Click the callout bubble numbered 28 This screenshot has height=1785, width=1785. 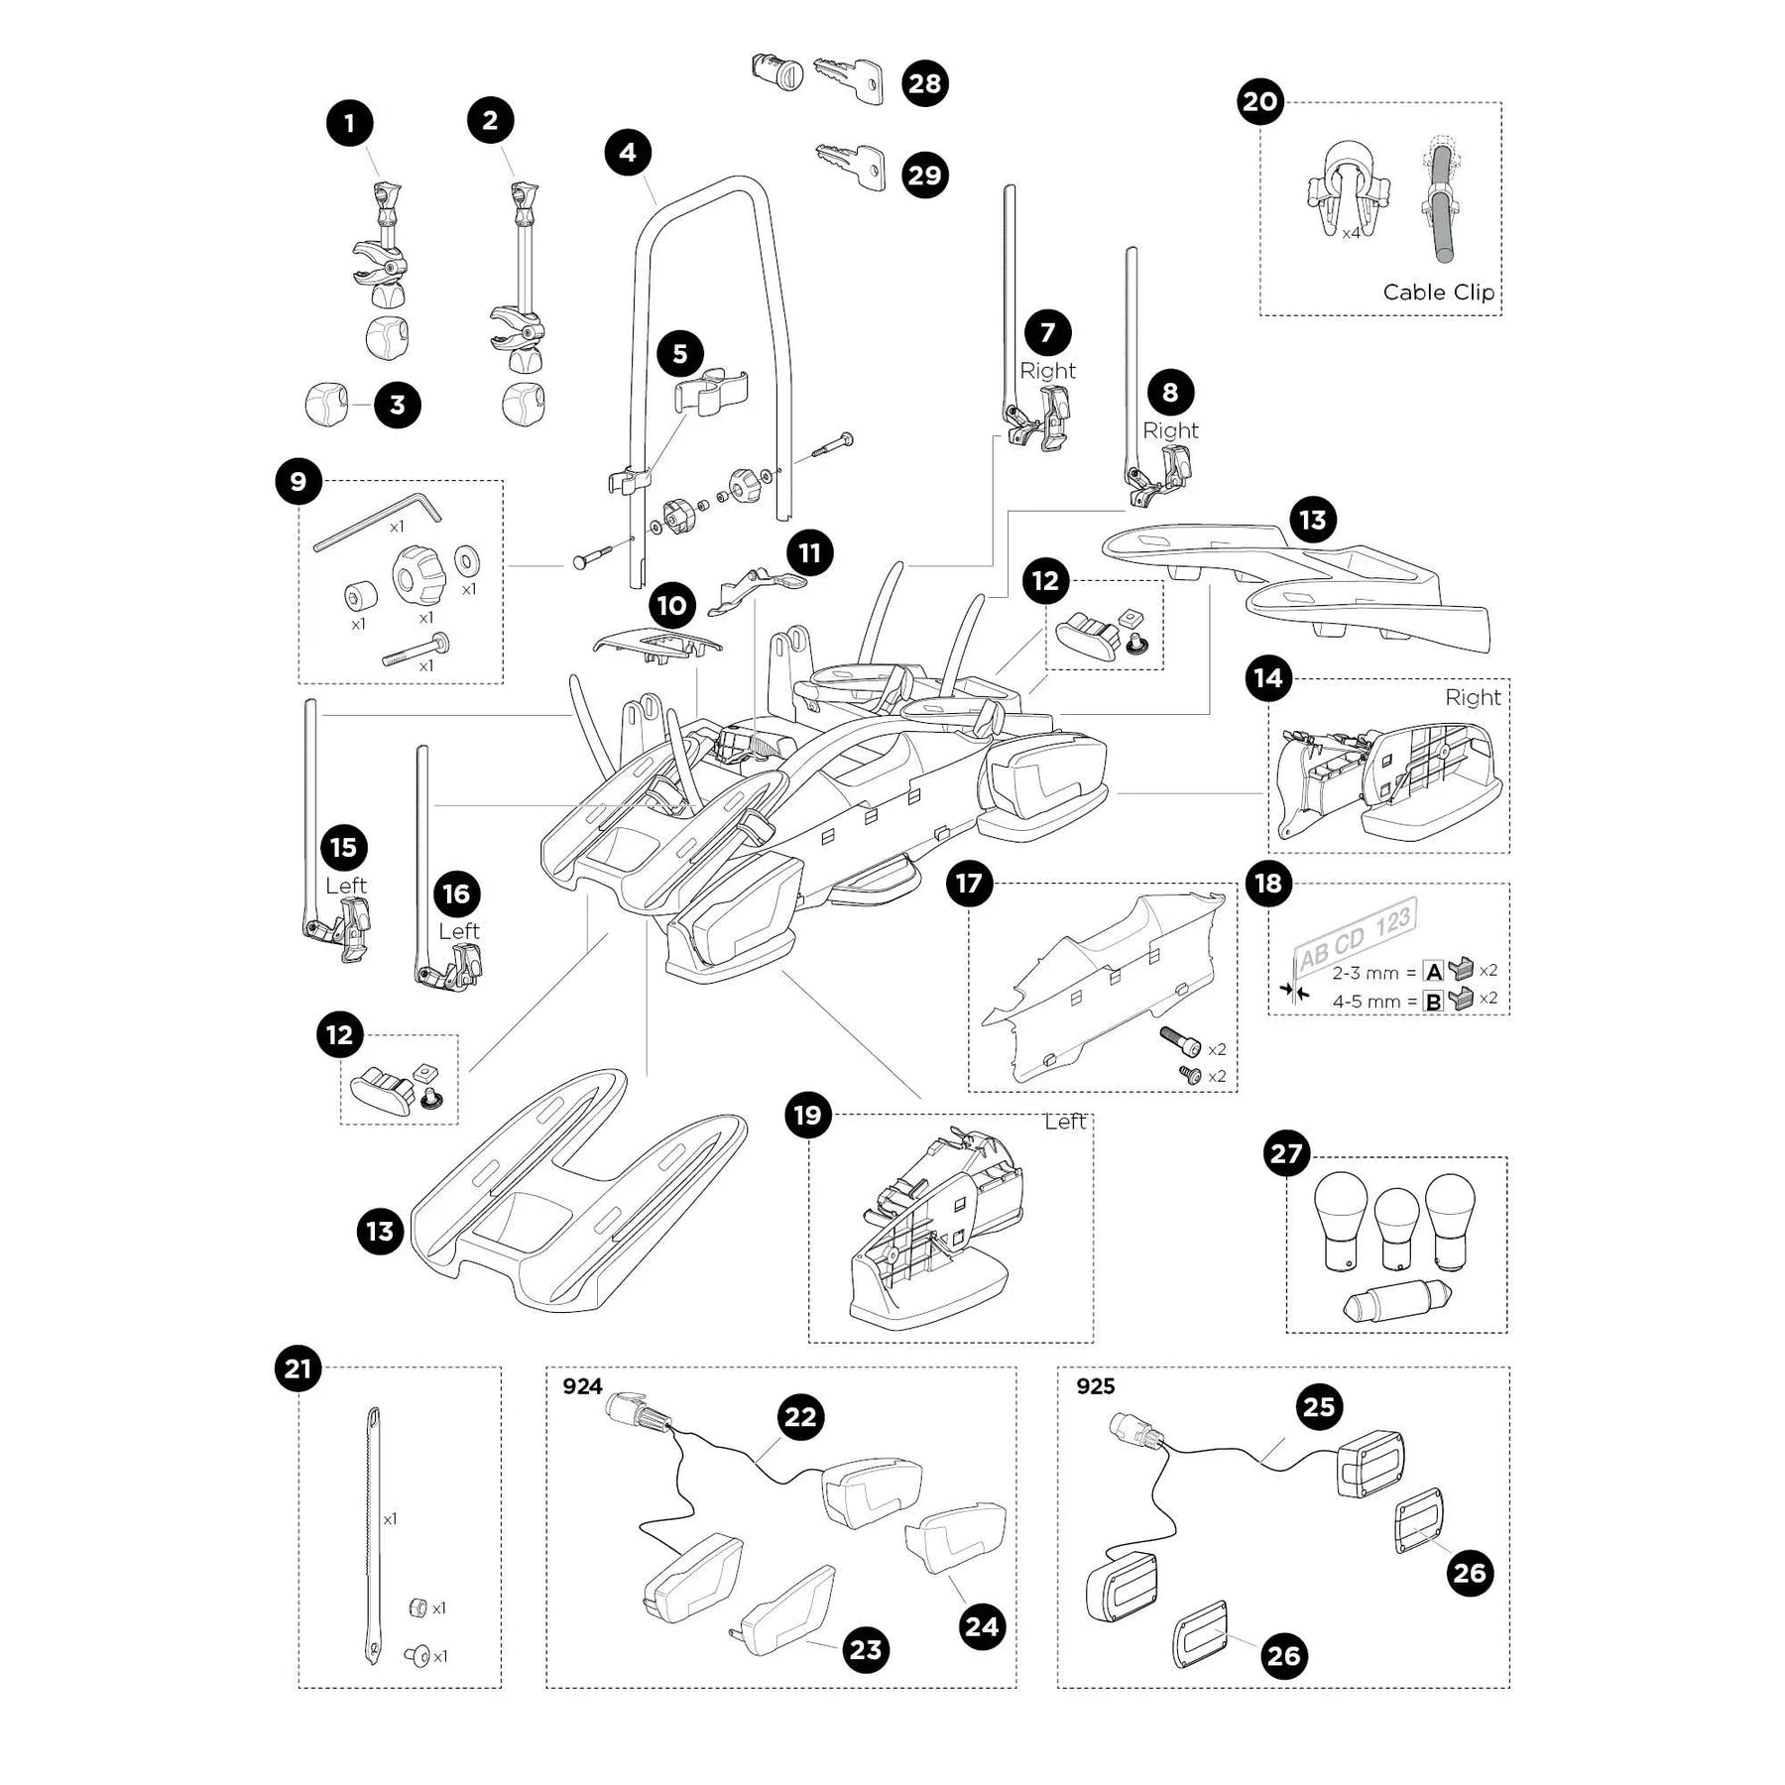(x=924, y=83)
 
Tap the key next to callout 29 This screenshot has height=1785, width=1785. (x=850, y=166)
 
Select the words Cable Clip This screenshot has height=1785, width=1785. (x=1438, y=293)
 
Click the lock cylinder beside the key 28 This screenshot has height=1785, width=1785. (x=774, y=71)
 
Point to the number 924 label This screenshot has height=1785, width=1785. (x=582, y=1386)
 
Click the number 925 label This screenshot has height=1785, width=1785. (x=1095, y=1386)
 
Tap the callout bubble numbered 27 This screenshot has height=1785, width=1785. (x=1286, y=1154)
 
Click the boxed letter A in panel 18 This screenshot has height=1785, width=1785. (x=1433, y=972)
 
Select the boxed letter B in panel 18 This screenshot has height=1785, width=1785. (x=1433, y=1001)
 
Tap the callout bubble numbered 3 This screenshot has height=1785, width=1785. (x=397, y=405)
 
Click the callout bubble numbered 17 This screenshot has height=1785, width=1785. (x=969, y=883)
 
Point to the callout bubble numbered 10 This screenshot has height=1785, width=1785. (x=671, y=605)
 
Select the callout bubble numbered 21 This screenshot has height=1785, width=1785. (x=297, y=1369)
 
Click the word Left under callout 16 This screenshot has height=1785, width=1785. (x=458, y=931)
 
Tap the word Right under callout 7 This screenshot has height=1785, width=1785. (x=1047, y=371)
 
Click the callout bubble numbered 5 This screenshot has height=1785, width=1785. (x=679, y=353)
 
